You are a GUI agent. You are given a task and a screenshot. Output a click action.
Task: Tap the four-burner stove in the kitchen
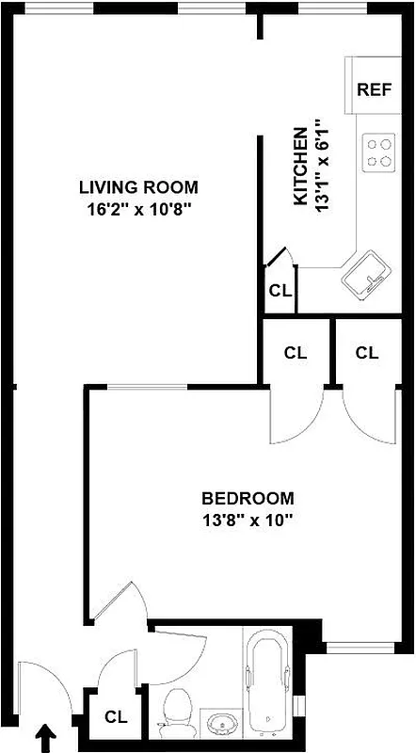[x=379, y=152]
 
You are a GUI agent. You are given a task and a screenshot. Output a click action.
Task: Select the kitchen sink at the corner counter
[x=365, y=274]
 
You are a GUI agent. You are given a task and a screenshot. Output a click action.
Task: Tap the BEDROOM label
[x=248, y=498]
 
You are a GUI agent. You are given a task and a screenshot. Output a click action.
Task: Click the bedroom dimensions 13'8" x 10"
[x=248, y=520]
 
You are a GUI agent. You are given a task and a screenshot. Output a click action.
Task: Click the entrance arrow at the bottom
[x=44, y=737]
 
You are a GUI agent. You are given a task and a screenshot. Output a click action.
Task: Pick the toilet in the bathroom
[x=176, y=713]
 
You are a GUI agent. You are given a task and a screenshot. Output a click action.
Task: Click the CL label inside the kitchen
[x=280, y=291]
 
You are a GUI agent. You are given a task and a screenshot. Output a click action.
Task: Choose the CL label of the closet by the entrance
[x=116, y=716]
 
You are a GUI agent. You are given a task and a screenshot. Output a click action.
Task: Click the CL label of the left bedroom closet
[x=296, y=353]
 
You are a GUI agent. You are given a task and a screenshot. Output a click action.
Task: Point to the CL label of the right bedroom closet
[x=367, y=353]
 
